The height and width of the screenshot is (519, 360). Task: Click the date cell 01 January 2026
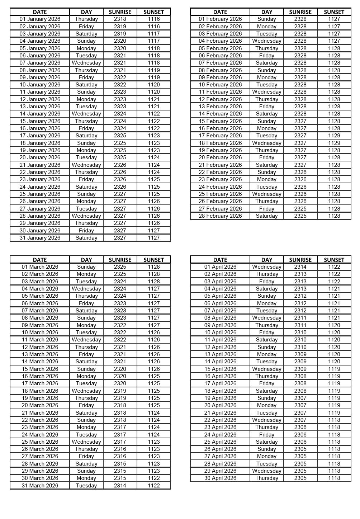(x=40, y=19)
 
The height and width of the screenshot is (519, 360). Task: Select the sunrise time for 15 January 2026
(x=120, y=121)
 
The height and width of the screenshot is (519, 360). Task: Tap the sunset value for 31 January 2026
(x=153, y=238)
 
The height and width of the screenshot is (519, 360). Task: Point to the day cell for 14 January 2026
(x=86, y=114)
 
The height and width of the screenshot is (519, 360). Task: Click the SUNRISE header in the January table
(x=120, y=12)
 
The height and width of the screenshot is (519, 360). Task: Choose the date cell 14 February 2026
(x=220, y=114)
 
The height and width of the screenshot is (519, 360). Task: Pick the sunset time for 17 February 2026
(x=334, y=136)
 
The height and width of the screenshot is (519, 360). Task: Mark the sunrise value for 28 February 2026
(x=300, y=216)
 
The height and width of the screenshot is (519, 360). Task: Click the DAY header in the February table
(x=266, y=12)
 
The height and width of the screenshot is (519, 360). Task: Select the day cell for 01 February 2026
(x=266, y=19)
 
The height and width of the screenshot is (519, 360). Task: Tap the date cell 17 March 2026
(x=40, y=383)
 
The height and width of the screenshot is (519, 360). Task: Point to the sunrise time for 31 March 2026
(x=120, y=486)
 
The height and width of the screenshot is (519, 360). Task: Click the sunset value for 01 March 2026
(x=153, y=267)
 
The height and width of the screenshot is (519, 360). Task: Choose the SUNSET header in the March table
(x=153, y=260)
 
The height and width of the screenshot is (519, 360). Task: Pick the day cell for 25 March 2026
(x=86, y=442)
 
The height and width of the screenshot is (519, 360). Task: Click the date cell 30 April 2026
(x=220, y=478)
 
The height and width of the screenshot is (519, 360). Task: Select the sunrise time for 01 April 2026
(x=300, y=267)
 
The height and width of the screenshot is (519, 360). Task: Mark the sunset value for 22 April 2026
(x=334, y=420)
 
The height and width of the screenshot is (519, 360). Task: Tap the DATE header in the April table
(x=220, y=260)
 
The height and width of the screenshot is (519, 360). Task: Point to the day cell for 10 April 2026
(x=266, y=332)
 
